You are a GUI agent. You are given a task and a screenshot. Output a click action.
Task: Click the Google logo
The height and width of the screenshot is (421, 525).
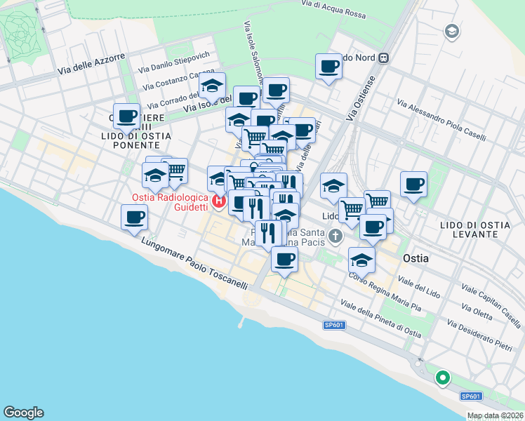pyautogui.click(x=23, y=413)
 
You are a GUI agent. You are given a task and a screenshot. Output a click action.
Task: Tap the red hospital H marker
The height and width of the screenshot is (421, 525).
pyautogui.click(x=218, y=202)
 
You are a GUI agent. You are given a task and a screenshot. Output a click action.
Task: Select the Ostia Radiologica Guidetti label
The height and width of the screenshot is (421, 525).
pyautogui.click(x=171, y=202)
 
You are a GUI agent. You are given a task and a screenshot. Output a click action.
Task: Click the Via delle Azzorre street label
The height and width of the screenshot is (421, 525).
pyautogui.click(x=92, y=63)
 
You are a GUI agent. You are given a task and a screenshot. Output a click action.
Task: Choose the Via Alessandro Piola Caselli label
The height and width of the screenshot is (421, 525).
pyautogui.click(x=441, y=120)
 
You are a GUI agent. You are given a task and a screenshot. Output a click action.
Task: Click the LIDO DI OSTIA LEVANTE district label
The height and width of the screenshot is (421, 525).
pyautogui.click(x=474, y=229)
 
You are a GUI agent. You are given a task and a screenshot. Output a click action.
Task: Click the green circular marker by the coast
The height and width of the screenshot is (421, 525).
pyautogui.click(x=443, y=378)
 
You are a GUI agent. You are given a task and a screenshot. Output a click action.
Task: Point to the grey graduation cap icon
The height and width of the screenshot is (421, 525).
pyautogui.click(x=451, y=31)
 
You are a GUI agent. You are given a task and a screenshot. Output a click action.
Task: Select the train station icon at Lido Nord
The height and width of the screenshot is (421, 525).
pyautogui.click(x=383, y=58)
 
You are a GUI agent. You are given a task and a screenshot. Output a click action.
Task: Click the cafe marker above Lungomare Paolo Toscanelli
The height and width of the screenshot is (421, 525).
pyautogui.click(x=134, y=217)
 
